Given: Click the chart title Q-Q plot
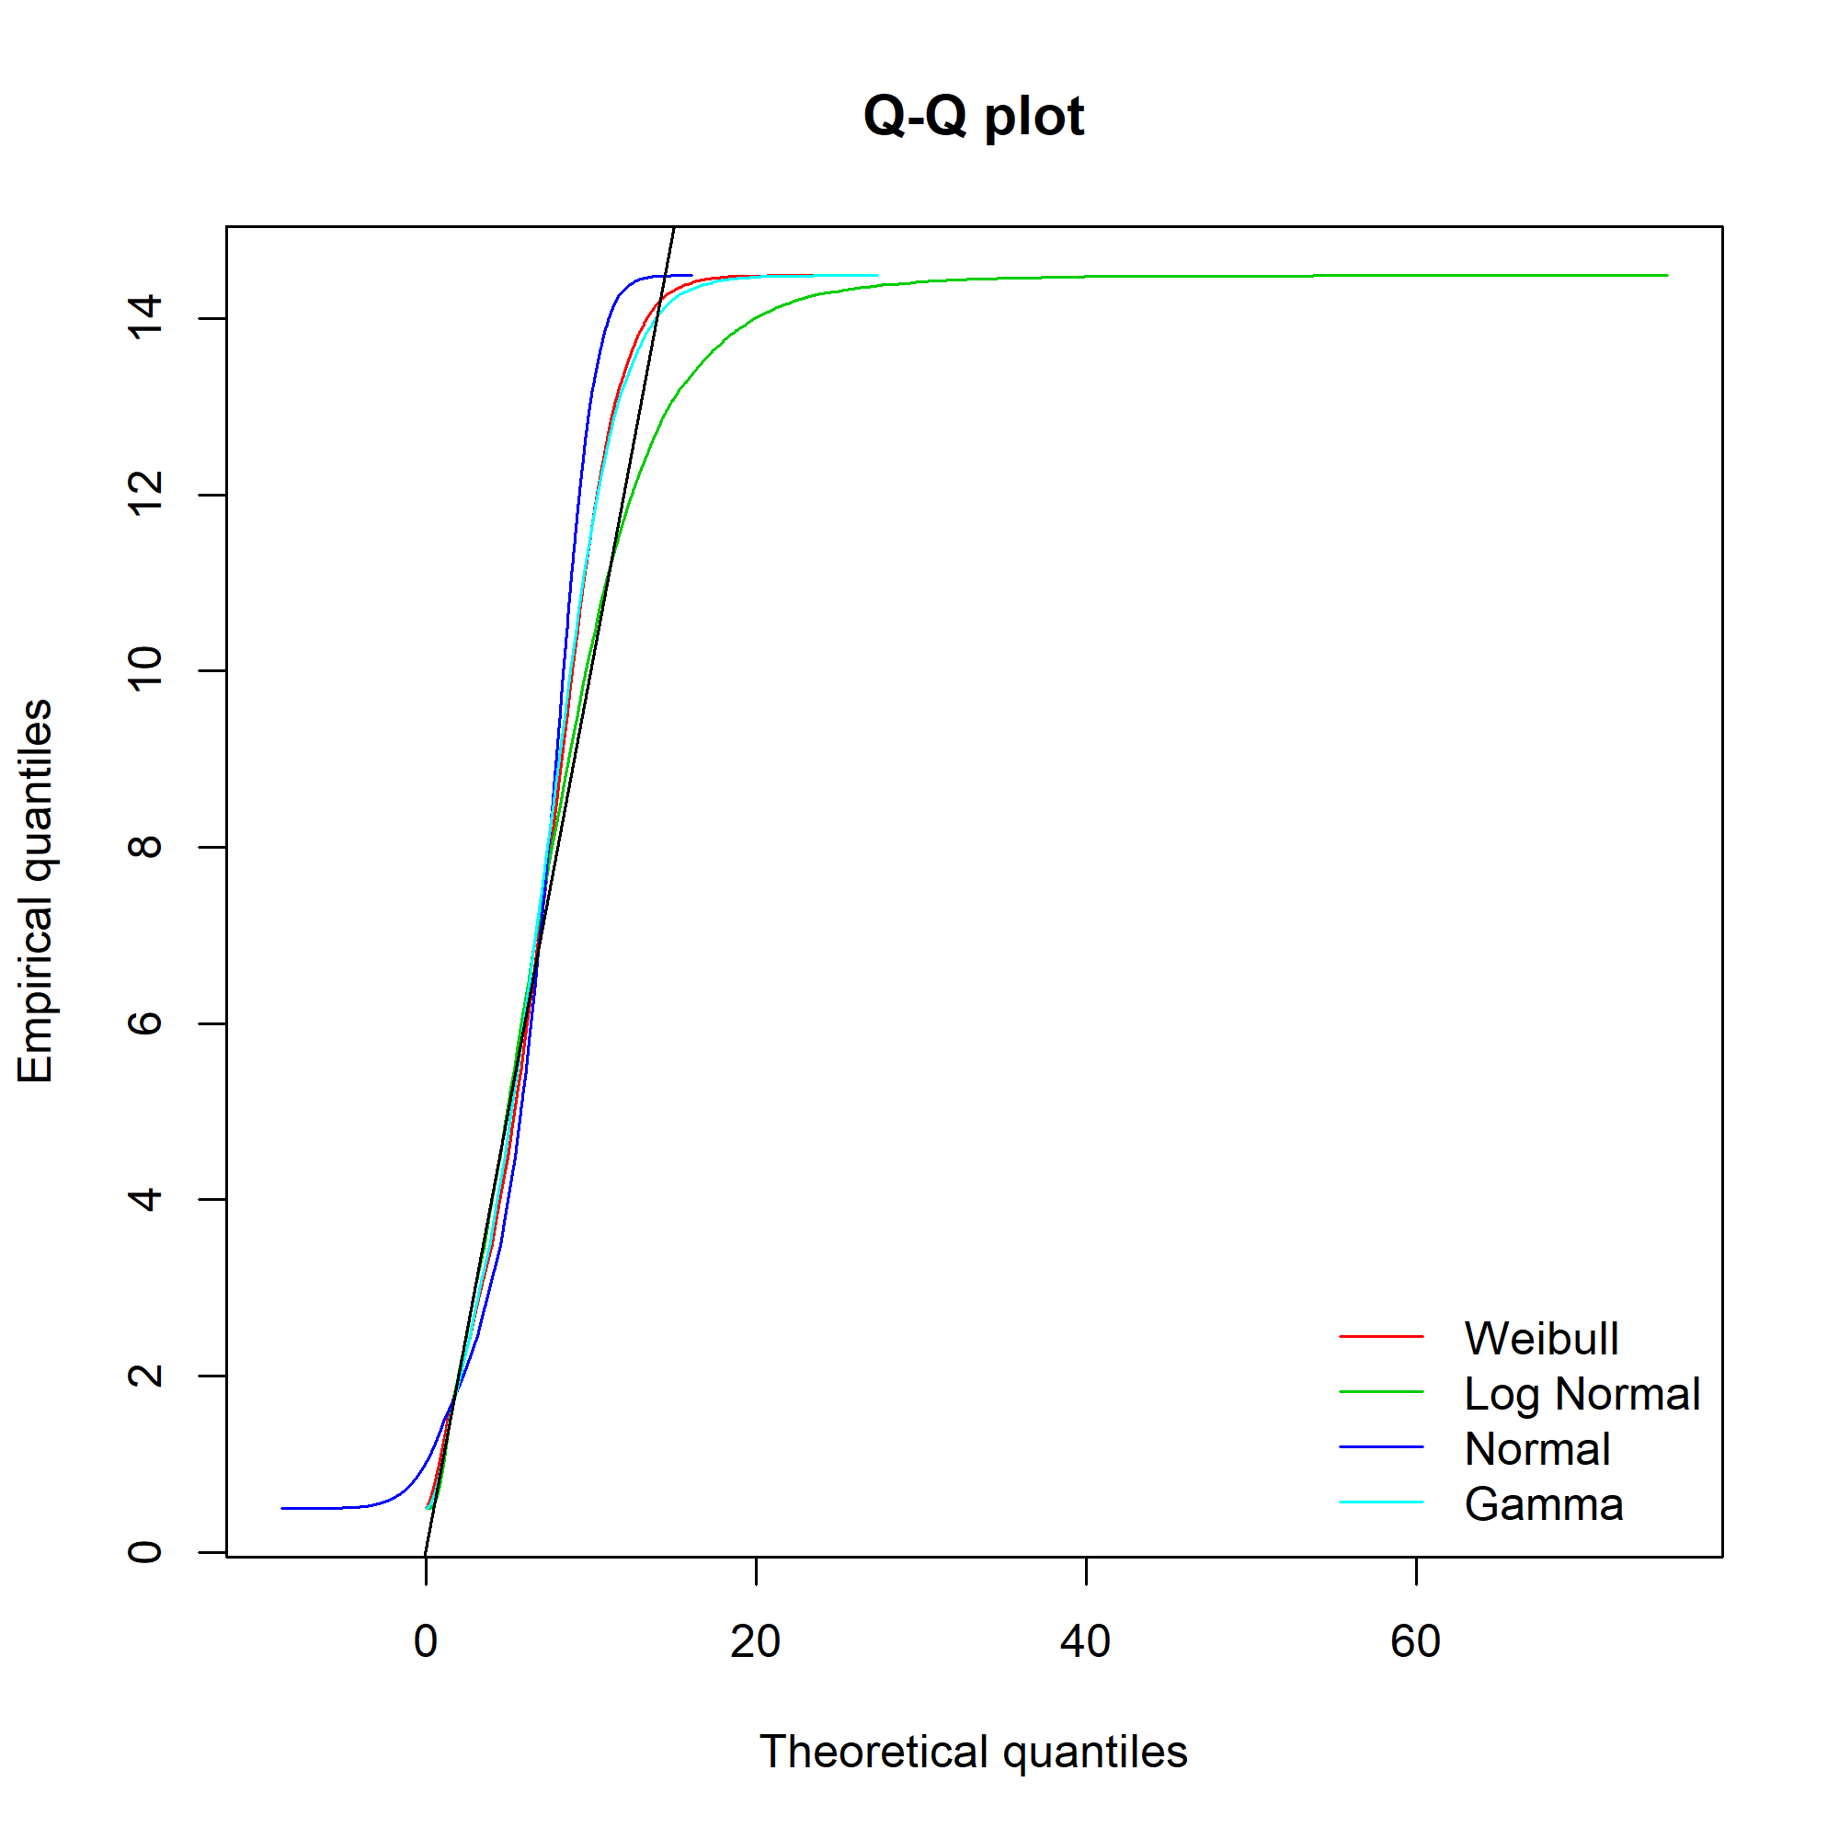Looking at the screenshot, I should coord(973,116).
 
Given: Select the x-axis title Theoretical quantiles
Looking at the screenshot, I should coord(973,1752).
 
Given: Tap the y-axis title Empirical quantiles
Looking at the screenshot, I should coord(35,892).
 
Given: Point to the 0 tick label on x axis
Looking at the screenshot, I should coord(426,1641).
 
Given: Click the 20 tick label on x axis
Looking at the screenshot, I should coord(755,1641).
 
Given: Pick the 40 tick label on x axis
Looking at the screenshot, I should coord(1085,1641).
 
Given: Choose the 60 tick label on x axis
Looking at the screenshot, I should coord(1415,1641).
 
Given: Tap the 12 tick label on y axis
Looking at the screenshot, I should coord(144,494).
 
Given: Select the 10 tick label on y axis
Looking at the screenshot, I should coord(144,670).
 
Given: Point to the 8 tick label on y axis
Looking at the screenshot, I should coord(144,846).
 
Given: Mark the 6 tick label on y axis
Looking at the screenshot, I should coord(144,1022).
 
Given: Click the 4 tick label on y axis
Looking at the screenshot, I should coord(144,1198).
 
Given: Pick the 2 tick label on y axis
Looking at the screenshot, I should coord(144,1375).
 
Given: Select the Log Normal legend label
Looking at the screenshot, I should coord(1581,1394).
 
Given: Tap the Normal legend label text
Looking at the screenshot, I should coord(1537,1449).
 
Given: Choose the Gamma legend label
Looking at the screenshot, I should coord(1543,1504).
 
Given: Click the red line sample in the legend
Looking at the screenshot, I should coord(1380,1336).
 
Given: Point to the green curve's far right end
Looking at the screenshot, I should coord(1666,275).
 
